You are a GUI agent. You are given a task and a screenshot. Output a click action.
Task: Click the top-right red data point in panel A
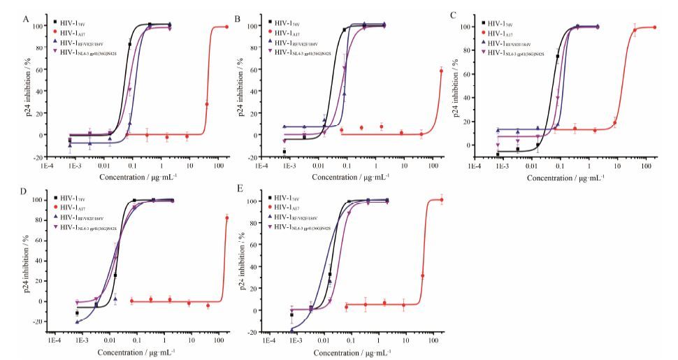(226, 27)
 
